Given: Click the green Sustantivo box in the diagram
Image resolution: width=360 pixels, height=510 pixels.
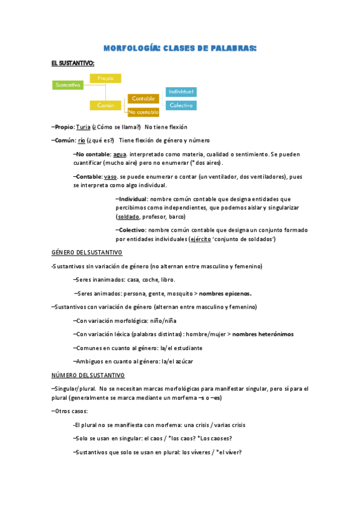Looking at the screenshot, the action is click(68, 85).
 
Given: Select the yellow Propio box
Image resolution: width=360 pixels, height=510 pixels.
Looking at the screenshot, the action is click(105, 78).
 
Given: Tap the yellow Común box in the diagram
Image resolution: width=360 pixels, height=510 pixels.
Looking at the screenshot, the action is click(105, 105).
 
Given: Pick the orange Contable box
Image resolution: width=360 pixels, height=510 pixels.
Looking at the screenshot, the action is click(144, 98).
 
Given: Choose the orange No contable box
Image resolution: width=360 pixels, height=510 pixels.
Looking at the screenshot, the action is click(144, 112).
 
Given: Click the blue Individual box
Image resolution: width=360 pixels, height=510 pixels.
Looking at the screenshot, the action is click(181, 92).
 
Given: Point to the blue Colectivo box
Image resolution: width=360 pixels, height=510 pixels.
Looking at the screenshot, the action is click(181, 105).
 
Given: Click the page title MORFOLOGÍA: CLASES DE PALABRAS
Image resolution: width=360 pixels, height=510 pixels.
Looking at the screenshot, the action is click(180, 48).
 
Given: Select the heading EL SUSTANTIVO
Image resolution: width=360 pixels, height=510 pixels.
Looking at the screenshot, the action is click(73, 63).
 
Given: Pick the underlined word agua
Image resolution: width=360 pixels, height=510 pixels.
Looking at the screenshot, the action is click(111, 155).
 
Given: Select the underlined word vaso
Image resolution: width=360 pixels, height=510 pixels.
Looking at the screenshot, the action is click(110, 177).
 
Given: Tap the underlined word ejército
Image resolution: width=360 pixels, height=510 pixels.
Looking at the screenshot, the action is click(200, 239).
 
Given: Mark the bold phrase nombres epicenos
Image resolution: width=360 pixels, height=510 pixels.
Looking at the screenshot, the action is click(225, 293).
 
